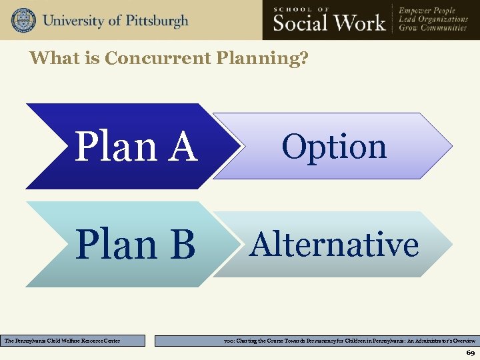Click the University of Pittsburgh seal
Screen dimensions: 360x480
23,20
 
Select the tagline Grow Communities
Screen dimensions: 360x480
433,29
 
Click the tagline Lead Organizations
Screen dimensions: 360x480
433,19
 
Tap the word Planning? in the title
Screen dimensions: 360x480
262,59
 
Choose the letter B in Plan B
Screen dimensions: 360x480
182,245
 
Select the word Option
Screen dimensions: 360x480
334,147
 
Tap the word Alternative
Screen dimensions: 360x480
334,244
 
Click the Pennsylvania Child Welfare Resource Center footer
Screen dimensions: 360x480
73,341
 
